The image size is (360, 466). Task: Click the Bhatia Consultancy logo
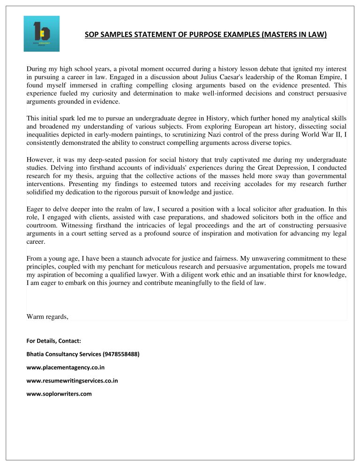pos(42,33)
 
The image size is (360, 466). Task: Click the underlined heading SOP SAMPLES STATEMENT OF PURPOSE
pos(206,35)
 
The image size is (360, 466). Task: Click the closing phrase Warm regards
pos(48,317)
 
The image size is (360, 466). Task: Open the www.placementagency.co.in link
pos(66,368)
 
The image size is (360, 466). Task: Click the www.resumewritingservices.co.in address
pos(72,381)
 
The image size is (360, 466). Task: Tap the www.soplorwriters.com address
pos(60,394)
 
